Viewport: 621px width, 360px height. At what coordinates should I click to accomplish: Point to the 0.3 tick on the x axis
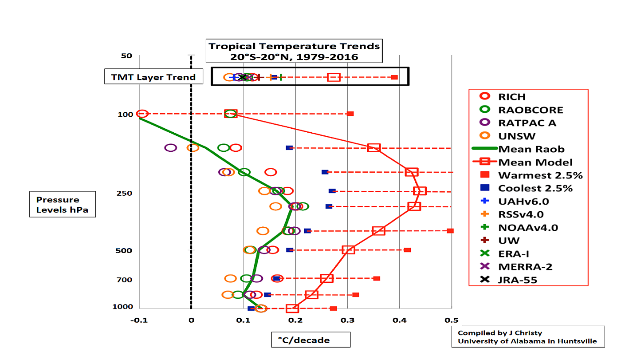(347, 320)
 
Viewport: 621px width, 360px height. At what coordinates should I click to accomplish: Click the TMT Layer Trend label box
(153, 77)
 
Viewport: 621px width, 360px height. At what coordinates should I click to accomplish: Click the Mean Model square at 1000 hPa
(292, 309)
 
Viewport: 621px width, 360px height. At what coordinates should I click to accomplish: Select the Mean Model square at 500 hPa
(349, 249)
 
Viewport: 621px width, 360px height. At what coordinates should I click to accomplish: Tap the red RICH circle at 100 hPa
(142, 114)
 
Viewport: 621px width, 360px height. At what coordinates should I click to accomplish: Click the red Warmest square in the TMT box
(394, 77)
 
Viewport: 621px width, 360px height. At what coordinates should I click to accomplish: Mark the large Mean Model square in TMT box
(334, 77)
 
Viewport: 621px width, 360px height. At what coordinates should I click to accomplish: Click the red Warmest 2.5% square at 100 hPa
(350, 114)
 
